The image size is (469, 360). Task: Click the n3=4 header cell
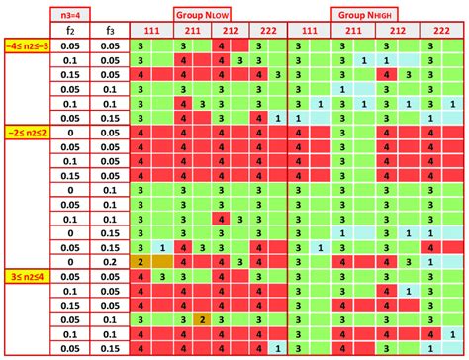(72, 13)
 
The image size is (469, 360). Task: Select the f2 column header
(72, 31)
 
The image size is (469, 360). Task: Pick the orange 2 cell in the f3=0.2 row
(141, 261)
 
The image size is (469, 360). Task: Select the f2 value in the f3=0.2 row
(72, 261)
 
